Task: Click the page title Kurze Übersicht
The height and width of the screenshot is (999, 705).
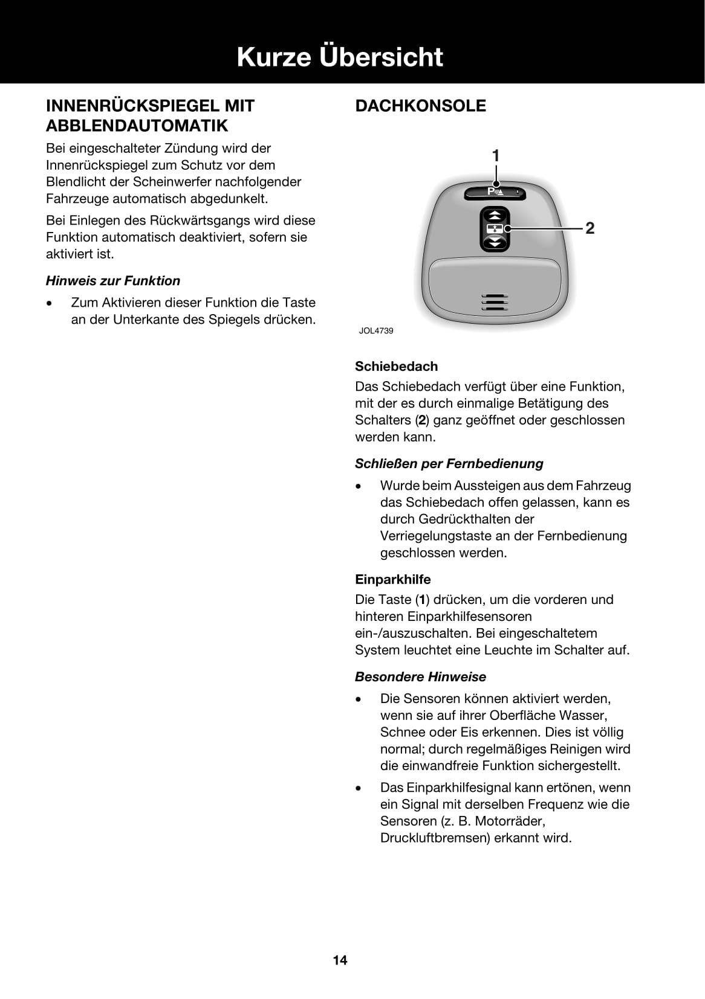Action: [x=340, y=57]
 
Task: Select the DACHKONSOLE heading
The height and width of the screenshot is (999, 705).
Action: [x=420, y=106]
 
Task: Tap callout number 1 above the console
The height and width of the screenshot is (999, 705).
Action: [x=496, y=156]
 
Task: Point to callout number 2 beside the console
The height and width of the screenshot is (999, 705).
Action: [x=590, y=228]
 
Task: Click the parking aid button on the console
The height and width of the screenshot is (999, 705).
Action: [x=495, y=192]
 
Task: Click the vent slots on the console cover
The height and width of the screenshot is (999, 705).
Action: [x=495, y=302]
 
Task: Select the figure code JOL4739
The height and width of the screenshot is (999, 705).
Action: [x=376, y=331]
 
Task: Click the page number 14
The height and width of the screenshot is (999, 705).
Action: [x=340, y=960]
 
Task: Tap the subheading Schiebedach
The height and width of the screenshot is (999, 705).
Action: [x=396, y=366]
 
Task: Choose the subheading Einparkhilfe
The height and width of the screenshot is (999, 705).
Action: [x=393, y=579]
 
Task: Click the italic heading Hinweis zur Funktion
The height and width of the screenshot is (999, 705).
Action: [x=113, y=281]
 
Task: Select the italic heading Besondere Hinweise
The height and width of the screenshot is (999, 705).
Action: [x=420, y=676]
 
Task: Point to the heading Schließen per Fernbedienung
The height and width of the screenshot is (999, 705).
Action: [x=449, y=463]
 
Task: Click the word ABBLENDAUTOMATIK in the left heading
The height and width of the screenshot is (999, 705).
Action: [x=137, y=126]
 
